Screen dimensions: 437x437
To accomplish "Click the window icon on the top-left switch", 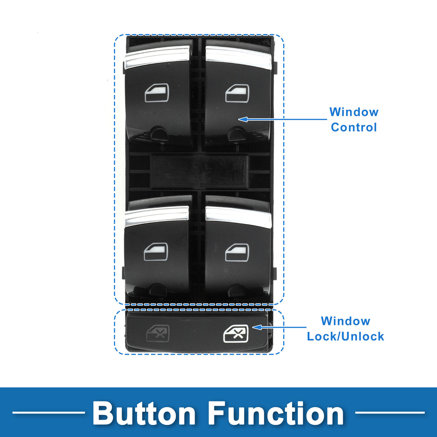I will tap(157, 93).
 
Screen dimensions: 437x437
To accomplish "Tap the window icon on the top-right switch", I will tap(237, 93).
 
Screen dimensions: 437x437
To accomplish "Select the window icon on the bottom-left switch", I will tap(156, 252).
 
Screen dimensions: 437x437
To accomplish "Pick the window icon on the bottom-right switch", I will tap(237, 253).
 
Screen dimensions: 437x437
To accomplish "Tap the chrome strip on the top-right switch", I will tap(238, 57).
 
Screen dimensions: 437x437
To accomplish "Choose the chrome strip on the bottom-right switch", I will tap(238, 217).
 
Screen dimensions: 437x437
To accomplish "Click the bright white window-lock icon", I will tap(236, 333).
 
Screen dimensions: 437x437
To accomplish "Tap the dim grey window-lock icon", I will tap(158, 333).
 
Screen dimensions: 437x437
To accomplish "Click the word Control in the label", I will tap(354, 127).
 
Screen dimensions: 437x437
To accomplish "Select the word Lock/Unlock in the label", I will tap(345, 336).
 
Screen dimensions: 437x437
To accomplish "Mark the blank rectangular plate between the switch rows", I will tap(199, 171).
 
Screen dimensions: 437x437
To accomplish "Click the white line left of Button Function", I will tap(48, 413).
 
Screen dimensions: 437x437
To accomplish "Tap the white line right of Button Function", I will tap(390, 413).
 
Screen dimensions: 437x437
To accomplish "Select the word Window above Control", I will tap(354, 112).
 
